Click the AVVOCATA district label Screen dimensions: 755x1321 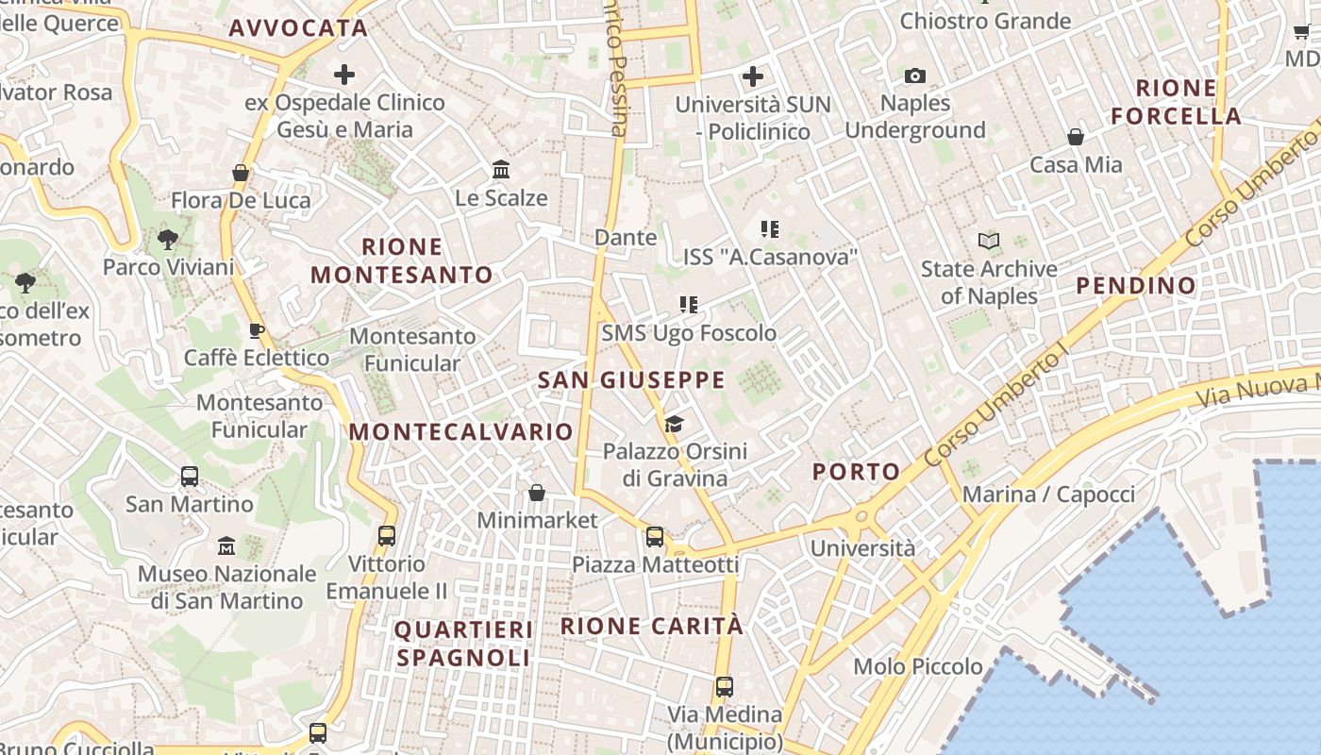298,28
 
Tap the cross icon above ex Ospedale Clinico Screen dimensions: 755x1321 344,75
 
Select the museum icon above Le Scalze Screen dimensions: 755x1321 501,170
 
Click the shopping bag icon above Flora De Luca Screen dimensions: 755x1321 241,173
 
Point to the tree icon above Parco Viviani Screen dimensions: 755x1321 168,240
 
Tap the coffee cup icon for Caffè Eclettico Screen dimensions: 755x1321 256,330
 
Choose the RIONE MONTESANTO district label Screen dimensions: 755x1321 402,261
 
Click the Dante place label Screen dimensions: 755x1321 626,238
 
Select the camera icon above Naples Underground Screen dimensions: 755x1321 914,76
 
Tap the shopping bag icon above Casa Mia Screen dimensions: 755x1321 1076,138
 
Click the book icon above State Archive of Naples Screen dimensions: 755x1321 988,242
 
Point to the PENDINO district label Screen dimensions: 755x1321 1136,285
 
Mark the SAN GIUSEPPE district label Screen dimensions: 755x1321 631,380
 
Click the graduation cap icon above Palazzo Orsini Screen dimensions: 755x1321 674,424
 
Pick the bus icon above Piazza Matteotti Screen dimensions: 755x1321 655,537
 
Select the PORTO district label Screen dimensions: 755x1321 857,472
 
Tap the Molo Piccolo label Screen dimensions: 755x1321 918,666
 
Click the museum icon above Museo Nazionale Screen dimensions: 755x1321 226,546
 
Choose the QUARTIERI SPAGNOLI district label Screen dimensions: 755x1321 463,644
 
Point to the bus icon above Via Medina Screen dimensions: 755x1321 725,687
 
